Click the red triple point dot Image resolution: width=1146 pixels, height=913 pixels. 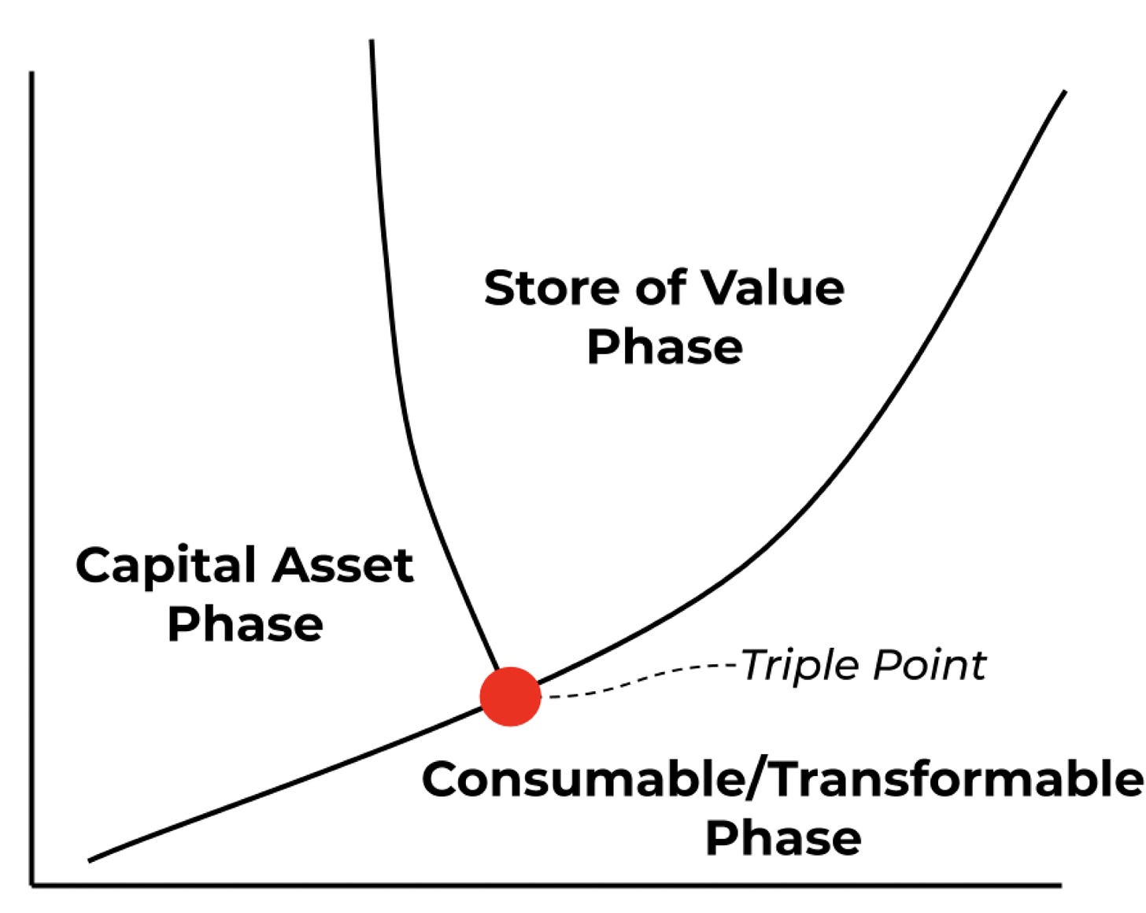pyautogui.click(x=510, y=697)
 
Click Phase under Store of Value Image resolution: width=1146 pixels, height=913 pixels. pyautogui.click(x=664, y=346)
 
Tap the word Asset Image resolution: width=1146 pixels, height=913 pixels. pyautogui.click(x=343, y=564)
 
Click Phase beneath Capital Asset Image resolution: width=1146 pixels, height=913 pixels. pyautogui.click(x=246, y=624)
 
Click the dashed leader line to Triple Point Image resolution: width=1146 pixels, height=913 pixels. pyautogui.click(x=639, y=681)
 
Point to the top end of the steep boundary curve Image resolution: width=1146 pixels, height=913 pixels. pyautogui.click(x=372, y=40)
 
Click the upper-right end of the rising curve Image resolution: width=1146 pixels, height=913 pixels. pyautogui.click(x=1064, y=91)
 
